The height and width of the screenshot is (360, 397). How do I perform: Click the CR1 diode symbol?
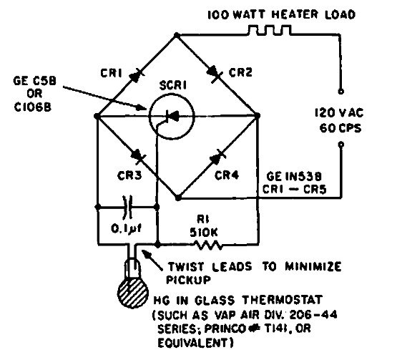[x=136, y=74]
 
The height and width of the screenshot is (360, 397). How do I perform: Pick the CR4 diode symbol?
[x=217, y=157]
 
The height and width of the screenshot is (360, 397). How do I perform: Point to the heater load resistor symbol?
[x=269, y=29]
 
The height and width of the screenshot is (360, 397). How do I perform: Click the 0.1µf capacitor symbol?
[x=127, y=207]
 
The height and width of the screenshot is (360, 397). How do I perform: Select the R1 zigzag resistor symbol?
[x=208, y=245]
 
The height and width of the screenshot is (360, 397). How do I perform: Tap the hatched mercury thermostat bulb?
[x=133, y=293]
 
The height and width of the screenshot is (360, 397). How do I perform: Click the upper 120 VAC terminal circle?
[x=341, y=92]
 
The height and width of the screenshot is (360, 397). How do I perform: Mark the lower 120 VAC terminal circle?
[x=341, y=145]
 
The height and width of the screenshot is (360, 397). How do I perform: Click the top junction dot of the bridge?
[x=177, y=36]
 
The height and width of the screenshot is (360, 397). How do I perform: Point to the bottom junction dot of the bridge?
[x=178, y=198]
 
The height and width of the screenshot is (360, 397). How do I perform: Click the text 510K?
[x=204, y=233]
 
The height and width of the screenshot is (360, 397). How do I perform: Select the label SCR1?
[x=173, y=86]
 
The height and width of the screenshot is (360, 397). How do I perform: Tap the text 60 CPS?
[x=340, y=128]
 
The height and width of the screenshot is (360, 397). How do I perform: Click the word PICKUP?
[x=189, y=280]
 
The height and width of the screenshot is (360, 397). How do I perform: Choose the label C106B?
[x=33, y=107]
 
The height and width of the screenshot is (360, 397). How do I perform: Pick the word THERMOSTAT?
[x=283, y=300]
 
